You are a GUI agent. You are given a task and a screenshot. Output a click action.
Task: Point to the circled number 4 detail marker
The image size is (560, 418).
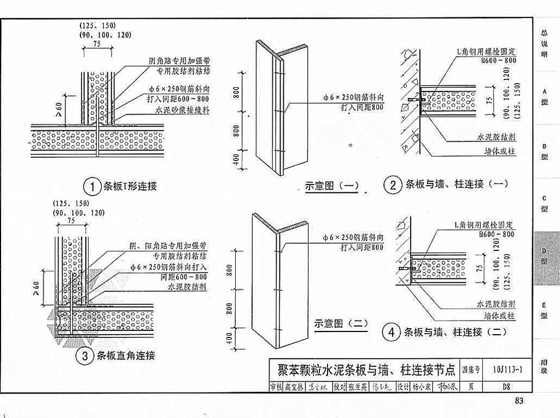click(x=392, y=332)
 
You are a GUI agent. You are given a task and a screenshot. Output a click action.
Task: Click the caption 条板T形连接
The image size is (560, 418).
click(x=130, y=187)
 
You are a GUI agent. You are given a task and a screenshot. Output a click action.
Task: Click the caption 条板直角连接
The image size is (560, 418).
click(x=126, y=356)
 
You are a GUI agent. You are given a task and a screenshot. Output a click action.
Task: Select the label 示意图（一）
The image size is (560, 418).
click(x=331, y=186)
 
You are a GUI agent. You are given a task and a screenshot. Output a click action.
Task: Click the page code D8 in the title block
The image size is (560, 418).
click(x=506, y=386)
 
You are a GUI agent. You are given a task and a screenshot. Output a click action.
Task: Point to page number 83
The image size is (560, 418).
click(x=519, y=401)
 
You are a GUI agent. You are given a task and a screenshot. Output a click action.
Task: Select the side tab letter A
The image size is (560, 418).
click(x=545, y=90)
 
